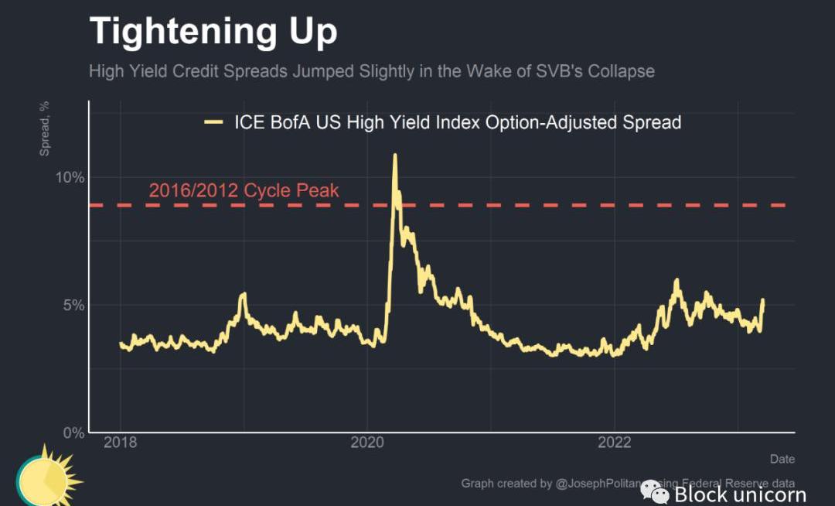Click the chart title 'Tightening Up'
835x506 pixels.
pyautogui.click(x=213, y=32)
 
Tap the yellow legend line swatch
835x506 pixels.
pyautogui.click(x=213, y=122)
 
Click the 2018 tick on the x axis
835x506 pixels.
pyautogui.click(x=120, y=443)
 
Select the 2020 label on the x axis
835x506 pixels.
pyautogui.click(x=367, y=443)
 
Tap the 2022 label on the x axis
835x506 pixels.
pyautogui.click(x=615, y=443)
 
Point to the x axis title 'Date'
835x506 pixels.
pyautogui.click(x=782, y=459)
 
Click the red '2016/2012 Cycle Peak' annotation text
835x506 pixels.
pyautogui.click(x=244, y=190)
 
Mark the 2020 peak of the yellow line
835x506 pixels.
pyautogui.click(x=395, y=155)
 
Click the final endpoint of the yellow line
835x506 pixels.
pyautogui.click(x=763, y=300)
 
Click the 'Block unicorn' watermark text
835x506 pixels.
pyautogui.click(x=740, y=494)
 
